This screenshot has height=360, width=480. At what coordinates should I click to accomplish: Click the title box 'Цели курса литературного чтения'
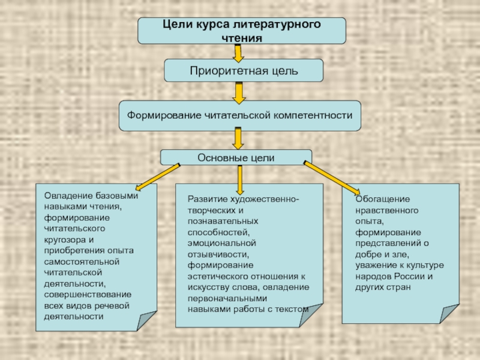click(x=242, y=31)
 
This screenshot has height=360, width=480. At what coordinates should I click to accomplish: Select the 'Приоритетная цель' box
click(x=244, y=71)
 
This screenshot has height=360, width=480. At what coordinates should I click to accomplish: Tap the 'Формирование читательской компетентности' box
click(x=240, y=115)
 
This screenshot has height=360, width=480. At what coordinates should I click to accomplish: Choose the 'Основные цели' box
click(x=236, y=157)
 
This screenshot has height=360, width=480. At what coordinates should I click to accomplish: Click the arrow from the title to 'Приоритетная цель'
click(x=238, y=53)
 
